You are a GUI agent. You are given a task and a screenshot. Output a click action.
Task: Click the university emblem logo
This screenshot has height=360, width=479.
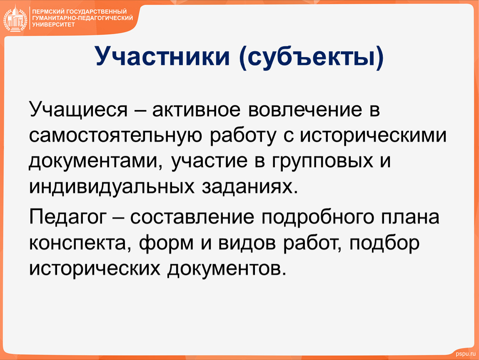coord(15,19)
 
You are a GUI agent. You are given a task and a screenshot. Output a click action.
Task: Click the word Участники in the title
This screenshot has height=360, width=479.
coord(162,57)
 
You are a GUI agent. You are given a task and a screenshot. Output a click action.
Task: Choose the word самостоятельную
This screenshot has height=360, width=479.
coord(115,136)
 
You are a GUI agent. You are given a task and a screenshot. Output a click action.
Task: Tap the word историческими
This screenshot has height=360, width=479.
coord(373,136)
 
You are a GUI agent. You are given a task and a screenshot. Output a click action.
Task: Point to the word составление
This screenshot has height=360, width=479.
coord(192,217)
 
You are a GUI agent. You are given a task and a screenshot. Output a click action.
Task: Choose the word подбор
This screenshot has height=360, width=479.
coord(384,243)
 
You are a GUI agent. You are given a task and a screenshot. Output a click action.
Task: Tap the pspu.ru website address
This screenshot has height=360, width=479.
coord(466,354)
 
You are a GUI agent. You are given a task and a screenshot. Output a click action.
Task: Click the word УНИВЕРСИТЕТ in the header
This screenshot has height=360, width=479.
coord(53,25)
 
